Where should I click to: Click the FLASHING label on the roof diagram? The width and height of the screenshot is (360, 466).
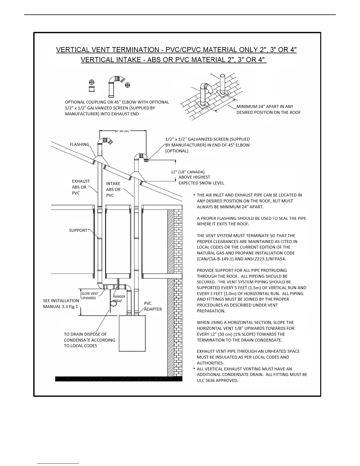(79, 144)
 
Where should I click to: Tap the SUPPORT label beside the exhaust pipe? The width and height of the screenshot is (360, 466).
(78, 230)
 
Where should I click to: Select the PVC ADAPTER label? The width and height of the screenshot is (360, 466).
(153, 306)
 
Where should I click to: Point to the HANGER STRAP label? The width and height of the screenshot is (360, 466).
(119, 299)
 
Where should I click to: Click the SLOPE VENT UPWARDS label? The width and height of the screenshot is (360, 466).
(90, 296)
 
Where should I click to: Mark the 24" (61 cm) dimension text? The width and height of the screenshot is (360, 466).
(122, 131)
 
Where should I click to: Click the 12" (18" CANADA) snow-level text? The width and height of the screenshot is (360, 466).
(188, 172)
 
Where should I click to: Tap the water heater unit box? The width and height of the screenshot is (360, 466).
(132, 333)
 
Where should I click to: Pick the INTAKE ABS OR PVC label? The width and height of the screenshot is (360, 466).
(113, 189)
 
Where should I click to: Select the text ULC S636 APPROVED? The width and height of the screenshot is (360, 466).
(217, 380)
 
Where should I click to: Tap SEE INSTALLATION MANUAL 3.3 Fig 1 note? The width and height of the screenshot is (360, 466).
(61, 304)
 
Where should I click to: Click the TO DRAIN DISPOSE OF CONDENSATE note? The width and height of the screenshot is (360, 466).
(89, 340)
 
